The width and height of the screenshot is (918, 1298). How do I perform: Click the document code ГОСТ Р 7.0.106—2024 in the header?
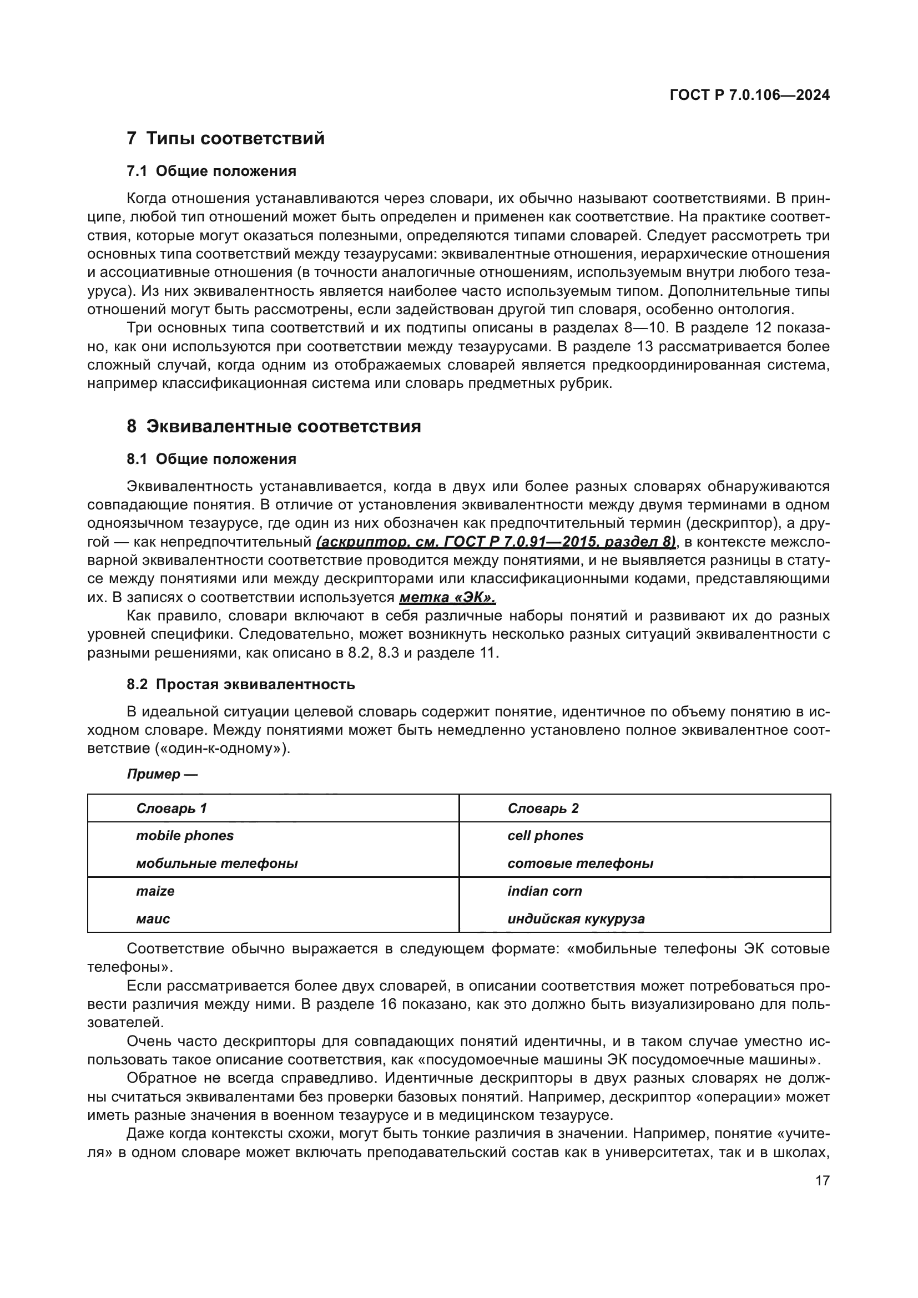(749, 95)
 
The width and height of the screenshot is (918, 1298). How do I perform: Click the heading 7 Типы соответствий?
(226, 138)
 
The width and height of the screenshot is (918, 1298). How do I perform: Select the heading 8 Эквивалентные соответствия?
(274, 426)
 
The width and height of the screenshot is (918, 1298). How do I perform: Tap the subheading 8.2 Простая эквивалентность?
(241, 685)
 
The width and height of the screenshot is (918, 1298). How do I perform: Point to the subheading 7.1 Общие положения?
(211, 171)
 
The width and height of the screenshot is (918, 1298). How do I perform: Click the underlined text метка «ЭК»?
(447, 598)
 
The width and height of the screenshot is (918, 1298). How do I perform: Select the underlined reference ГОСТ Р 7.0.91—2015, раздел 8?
(496, 542)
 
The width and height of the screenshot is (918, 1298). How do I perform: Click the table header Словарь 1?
(172, 809)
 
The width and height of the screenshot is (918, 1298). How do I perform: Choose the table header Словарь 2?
(543, 809)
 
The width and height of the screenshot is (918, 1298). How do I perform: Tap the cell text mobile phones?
(184, 836)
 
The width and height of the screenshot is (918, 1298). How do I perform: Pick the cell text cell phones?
(545, 836)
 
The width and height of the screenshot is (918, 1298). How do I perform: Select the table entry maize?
(155, 891)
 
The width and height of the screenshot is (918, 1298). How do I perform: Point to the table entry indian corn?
(544, 891)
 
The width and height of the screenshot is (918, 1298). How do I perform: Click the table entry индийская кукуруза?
(576, 918)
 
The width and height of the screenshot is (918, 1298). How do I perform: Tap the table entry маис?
(153, 918)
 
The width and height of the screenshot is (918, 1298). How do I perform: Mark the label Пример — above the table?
(162, 774)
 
